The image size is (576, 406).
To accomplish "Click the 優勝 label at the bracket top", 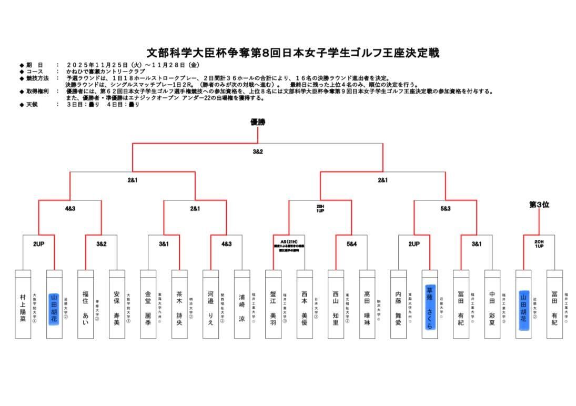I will (258, 122).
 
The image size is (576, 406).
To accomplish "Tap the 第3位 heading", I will (539, 205).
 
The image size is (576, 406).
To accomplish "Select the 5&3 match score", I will (446, 208).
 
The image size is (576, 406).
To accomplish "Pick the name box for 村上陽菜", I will (23, 308).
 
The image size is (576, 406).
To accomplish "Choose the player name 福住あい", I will (85, 308).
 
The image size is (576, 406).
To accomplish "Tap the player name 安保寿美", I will (117, 308).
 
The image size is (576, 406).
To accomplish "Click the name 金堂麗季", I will (148, 308).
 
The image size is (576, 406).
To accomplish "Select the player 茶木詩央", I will (179, 308).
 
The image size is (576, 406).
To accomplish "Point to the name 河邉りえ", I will (210, 308).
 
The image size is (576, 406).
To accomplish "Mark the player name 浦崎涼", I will (242, 308).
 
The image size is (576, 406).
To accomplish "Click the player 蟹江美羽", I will (273, 308).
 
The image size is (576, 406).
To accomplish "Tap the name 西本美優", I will (305, 308).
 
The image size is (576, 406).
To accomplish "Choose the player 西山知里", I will (336, 308).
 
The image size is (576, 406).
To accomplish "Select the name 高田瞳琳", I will (367, 308).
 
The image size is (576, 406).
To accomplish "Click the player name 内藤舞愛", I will (398, 308).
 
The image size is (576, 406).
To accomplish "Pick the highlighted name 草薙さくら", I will (429, 308).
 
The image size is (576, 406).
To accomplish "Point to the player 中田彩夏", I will (492, 308).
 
